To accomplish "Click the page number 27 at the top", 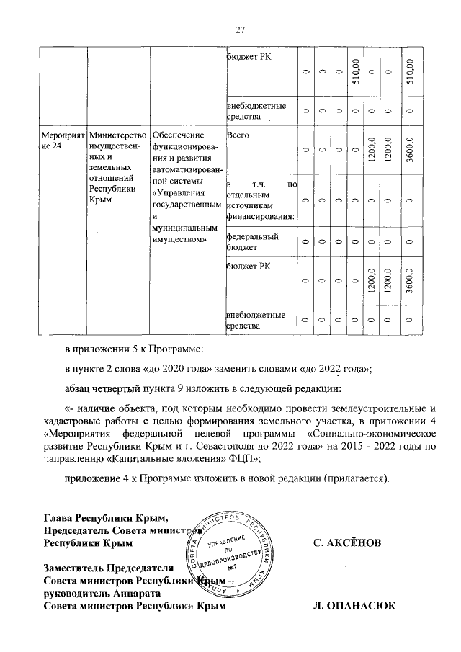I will coord(241,30).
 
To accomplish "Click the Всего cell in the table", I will coord(237,135).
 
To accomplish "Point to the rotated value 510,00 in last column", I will coord(410,71).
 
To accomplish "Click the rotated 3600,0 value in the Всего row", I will coord(410,149).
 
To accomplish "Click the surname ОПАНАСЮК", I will coord(349,607).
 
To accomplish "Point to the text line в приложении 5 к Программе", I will coord(134,349).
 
